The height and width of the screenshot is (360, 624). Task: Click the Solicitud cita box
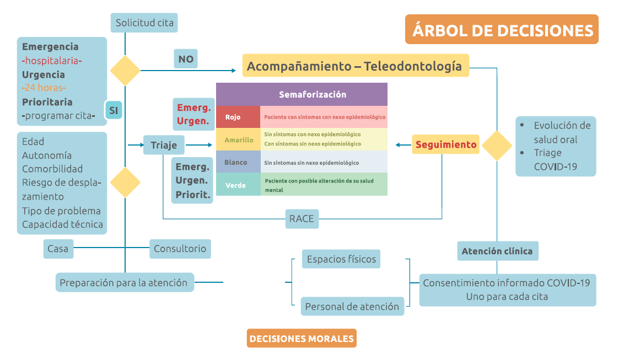coord(144,23)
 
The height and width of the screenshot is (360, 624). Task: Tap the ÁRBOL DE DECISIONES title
coord(502,30)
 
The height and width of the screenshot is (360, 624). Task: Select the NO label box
coord(186,58)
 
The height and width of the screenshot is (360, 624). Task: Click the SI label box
coord(114,110)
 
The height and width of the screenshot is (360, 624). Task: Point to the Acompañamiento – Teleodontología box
coord(355,66)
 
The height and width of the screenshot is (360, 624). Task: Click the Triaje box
coord(164,146)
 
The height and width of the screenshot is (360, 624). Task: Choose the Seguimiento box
coord(446,145)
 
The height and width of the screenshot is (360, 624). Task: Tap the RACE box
coord(302,218)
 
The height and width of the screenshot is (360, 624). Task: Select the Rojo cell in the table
coord(238,117)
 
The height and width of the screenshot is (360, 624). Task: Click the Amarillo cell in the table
coord(238,140)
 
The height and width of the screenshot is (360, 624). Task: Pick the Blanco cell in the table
coord(238,163)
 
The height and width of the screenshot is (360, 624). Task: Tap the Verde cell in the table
coord(238,185)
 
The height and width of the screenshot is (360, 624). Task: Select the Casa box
coord(58,249)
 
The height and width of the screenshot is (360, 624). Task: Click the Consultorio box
coord(180,249)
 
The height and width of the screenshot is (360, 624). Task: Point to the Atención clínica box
coord(497,251)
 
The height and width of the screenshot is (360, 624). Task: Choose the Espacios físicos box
coord(341,259)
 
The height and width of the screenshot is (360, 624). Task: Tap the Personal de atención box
coord(352,307)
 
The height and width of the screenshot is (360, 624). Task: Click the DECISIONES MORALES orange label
coord(302,338)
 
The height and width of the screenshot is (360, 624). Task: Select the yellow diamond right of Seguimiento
coord(497,146)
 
